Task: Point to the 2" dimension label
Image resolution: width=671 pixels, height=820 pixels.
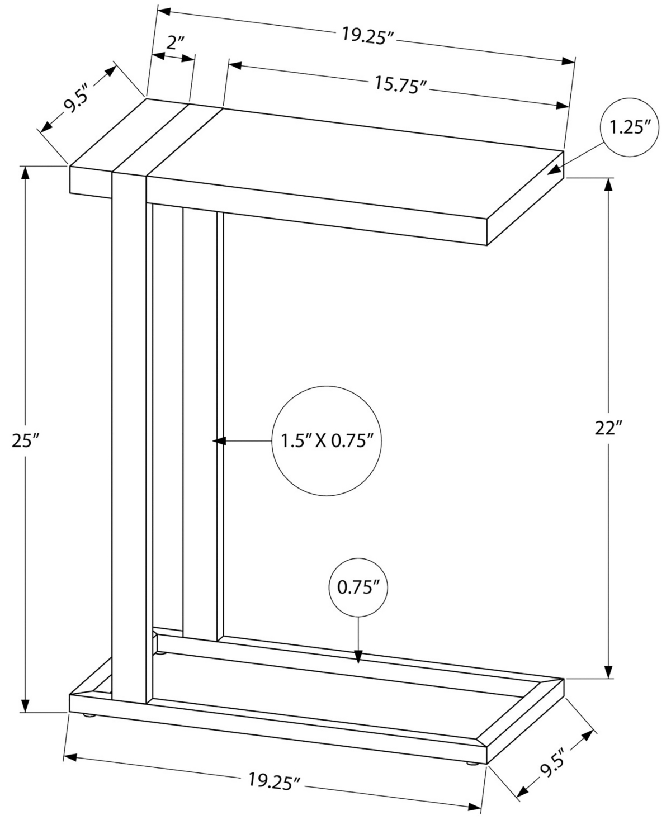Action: (174, 42)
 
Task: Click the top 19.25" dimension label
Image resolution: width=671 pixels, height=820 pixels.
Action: (369, 35)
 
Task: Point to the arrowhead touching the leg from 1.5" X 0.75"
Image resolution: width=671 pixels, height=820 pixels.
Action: (218, 441)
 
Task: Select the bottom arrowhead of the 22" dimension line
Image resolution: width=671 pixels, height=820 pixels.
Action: (608, 671)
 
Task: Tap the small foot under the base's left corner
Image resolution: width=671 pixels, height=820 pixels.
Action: (88, 715)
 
